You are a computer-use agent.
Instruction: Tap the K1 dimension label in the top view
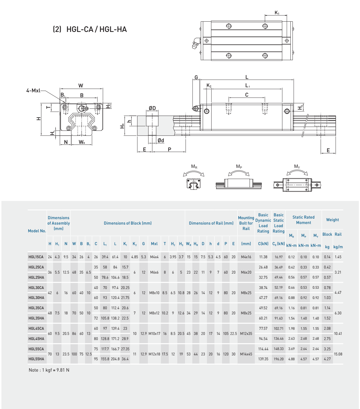(x=277, y=13)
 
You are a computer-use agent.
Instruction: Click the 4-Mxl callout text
(x=33, y=91)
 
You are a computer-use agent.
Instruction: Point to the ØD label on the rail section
(x=152, y=108)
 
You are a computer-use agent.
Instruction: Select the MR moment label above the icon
(x=194, y=166)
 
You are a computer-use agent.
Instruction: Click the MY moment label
(x=297, y=166)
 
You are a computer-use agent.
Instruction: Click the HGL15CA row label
(x=36, y=257)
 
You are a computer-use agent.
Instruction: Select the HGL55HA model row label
(x=36, y=359)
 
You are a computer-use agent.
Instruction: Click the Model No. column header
(x=37, y=231)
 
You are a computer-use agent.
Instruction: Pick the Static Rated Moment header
(x=303, y=220)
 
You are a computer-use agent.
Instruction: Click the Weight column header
(x=332, y=220)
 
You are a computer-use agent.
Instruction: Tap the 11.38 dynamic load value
(x=263, y=257)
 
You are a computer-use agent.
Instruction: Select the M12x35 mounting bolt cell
(x=246, y=333)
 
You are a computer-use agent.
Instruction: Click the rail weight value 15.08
(x=338, y=354)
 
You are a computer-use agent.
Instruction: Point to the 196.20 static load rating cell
(x=278, y=359)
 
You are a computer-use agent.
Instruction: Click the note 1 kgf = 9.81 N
(x=49, y=370)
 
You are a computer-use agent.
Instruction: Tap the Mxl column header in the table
(x=154, y=244)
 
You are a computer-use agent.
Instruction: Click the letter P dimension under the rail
(x=170, y=149)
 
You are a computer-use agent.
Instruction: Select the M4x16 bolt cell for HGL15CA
(x=246, y=257)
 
